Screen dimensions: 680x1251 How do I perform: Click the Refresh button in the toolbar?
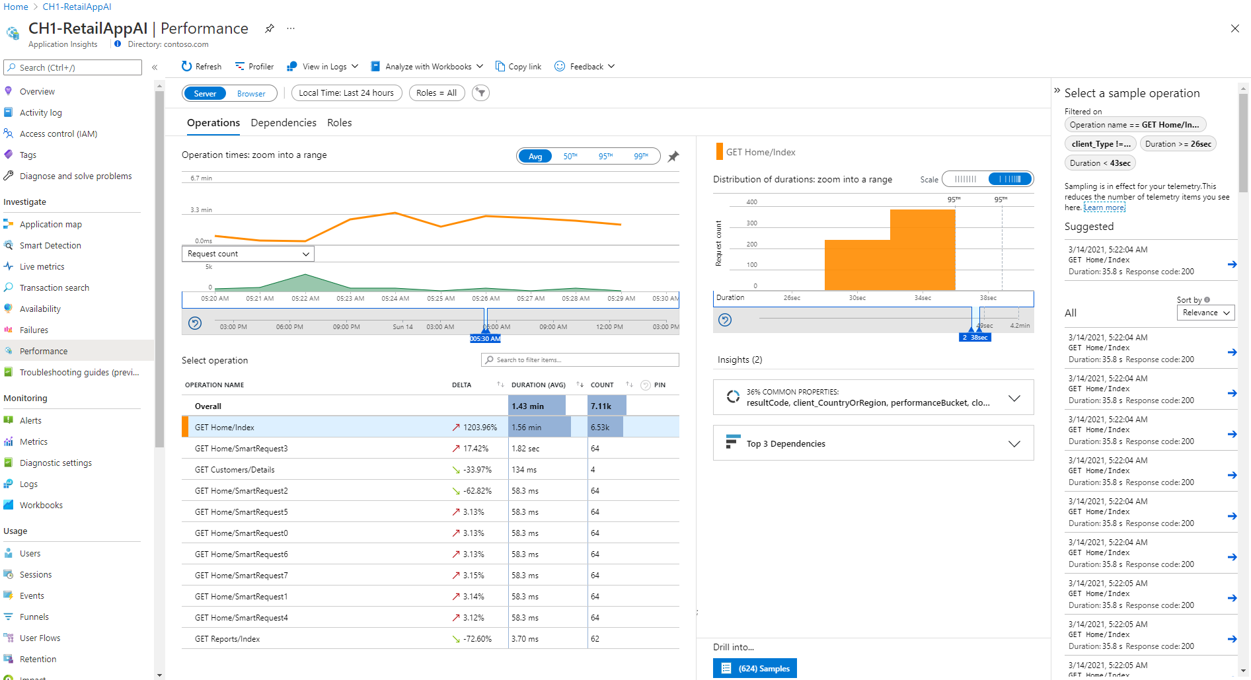click(x=202, y=67)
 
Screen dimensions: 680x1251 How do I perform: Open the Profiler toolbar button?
click(x=254, y=67)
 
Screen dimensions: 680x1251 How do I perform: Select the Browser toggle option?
click(x=251, y=94)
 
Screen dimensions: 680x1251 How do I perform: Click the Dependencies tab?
click(x=284, y=123)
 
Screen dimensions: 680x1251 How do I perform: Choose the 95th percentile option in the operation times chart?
click(x=605, y=157)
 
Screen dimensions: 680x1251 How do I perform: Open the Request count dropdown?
click(x=248, y=254)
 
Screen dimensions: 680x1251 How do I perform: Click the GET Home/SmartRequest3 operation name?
click(x=241, y=449)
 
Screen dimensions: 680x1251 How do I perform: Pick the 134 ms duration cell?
click(x=524, y=470)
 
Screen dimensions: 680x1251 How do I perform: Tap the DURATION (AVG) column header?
click(x=539, y=385)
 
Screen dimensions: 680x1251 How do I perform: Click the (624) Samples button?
click(x=755, y=669)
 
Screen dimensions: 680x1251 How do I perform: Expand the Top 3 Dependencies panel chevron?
click(x=1014, y=444)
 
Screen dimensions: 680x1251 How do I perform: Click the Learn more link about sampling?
click(x=1104, y=208)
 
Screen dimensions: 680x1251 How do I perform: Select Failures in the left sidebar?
click(x=34, y=330)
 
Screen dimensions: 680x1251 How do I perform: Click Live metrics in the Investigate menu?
click(x=42, y=267)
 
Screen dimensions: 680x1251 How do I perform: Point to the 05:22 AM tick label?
click(x=305, y=299)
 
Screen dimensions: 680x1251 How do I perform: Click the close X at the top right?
click(x=1234, y=28)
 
